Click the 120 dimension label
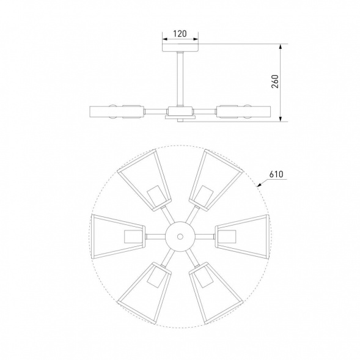pyautogui.click(x=180, y=34)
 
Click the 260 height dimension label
pyautogui.click(x=275, y=81)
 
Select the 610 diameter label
pyautogui.click(x=276, y=174)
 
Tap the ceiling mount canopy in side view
pyautogui.click(x=180, y=48)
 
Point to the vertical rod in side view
pyautogui.click(x=180, y=79)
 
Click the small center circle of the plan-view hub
pyautogui.click(x=180, y=237)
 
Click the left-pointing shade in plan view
pyautogui.click(x=118, y=237)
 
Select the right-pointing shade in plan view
pyautogui.click(x=243, y=237)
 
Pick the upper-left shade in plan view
pyautogui.click(x=145, y=180)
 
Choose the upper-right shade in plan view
pyautogui.click(x=216, y=180)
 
